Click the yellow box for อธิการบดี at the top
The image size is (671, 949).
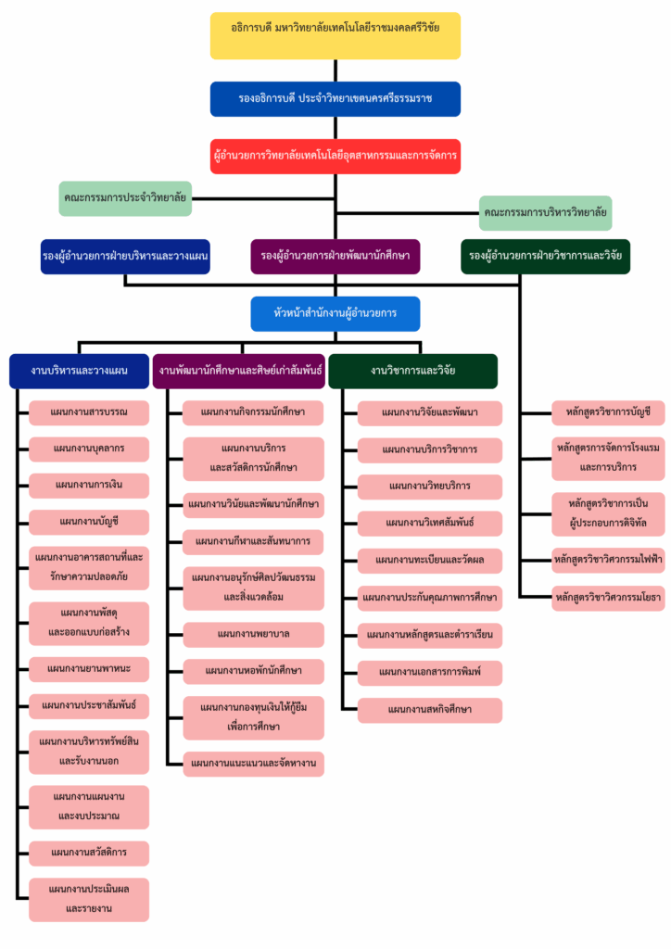point(335,35)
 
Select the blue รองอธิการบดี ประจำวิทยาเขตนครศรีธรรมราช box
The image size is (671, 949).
point(335,99)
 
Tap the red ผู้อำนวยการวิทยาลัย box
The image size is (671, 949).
point(335,156)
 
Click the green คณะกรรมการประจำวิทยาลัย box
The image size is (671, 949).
point(124,198)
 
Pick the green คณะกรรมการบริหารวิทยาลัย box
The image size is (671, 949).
point(545,213)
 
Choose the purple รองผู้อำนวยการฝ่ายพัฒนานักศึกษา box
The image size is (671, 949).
point(335,256)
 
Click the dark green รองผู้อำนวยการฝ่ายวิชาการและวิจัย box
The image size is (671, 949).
point(545,256)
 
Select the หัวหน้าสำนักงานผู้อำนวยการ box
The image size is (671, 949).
point(335,313)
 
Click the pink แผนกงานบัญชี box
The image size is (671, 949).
point(89,522)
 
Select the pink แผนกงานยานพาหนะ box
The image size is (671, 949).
point(89,668)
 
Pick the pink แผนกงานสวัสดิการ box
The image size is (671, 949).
point(89,853)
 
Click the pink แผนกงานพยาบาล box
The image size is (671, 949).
point(253,635)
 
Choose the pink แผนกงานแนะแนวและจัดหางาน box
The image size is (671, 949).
point(253,764)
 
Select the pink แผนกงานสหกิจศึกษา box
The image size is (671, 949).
point(430,710)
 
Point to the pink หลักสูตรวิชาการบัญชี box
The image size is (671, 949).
point(608,411)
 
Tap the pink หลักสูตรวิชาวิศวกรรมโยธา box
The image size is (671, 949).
point(608,598)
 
